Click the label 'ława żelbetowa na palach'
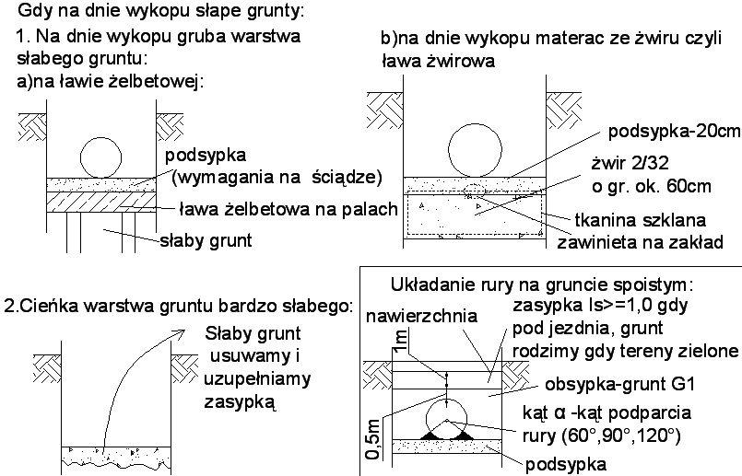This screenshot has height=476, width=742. click(286, 208)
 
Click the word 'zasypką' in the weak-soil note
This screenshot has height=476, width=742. click(242, 401)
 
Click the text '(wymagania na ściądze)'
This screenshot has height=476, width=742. click(277, 176)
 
